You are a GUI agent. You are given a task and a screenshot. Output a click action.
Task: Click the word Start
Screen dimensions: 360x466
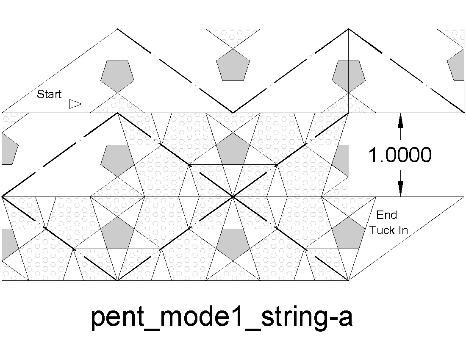pos(49,94)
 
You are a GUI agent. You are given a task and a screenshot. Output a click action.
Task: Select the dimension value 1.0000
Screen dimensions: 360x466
pos(400,155)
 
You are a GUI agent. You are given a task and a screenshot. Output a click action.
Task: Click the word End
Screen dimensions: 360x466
pos(387,215)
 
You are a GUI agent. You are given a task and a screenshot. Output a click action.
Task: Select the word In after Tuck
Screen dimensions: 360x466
pos(403,230)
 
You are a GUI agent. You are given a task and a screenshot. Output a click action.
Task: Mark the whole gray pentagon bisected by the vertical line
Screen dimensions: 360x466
pos(348,75)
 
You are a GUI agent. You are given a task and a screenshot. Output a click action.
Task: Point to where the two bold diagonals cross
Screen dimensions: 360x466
pos(233,197)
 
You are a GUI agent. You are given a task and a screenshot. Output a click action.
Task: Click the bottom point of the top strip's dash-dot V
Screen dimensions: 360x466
pos(233,113)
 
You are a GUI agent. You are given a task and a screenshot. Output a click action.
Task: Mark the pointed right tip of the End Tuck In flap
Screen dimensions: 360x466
pos(463,197)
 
